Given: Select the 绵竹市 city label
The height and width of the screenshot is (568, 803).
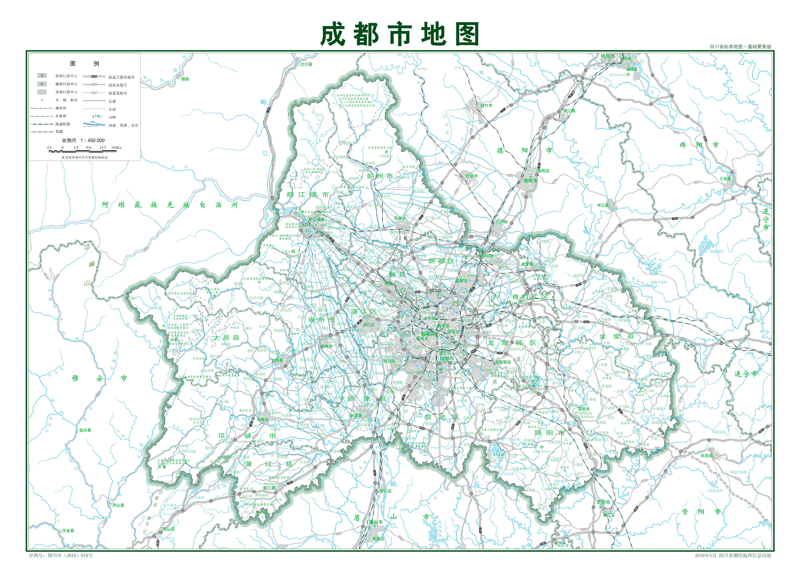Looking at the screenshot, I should tap(486, 105).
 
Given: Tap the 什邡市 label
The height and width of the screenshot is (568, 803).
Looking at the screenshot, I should tap(471, 176).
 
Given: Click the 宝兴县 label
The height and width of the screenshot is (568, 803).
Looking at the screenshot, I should tap(85, 430).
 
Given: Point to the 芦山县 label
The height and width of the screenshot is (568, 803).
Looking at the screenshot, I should tap(118, 505).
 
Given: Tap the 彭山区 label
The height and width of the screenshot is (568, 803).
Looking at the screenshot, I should tap(385, 491).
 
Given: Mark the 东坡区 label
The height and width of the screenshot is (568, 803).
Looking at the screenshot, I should tap(378, 539).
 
